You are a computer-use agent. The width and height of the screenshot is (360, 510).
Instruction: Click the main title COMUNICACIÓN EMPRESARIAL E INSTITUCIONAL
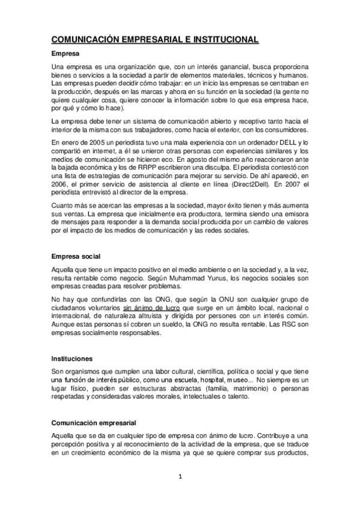pos(155,40)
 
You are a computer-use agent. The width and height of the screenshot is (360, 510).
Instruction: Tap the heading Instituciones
pos(72,357)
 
